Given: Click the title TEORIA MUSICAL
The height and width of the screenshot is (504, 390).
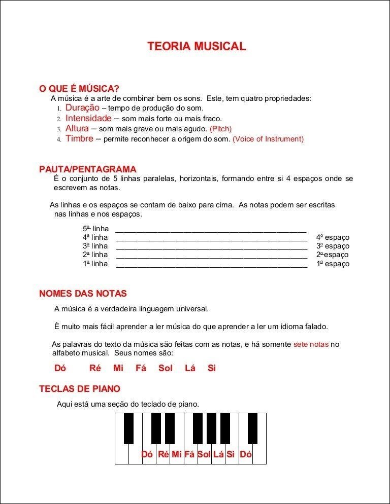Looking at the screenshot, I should pos(197,47).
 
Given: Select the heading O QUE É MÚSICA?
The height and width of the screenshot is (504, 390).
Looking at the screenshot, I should pos(79,89).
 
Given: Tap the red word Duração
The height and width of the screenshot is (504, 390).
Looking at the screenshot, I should pos(82,108).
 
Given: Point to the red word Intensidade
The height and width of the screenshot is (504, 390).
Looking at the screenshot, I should pos(88,118).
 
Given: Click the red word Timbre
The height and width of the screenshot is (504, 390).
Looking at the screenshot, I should pos(79,138).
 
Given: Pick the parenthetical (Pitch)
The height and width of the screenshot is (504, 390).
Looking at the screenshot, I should pos(220,129).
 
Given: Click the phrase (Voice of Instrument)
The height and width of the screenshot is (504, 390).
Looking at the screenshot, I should pos(268,139).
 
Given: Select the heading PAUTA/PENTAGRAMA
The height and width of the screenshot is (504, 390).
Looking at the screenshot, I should pos(88,169).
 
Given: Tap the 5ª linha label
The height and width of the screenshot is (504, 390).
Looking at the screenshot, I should pos(95,229).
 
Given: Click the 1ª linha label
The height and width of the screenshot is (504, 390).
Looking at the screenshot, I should pos(95,264).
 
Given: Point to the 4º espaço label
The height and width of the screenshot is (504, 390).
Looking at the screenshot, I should pos(333,237).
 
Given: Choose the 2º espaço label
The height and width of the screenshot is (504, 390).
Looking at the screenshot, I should pos(333,255).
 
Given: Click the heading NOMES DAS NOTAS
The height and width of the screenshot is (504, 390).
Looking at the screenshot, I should pos(83,294).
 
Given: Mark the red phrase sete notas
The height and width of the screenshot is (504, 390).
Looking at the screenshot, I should pos(311,344).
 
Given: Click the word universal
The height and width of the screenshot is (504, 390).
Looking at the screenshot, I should pos(193,309).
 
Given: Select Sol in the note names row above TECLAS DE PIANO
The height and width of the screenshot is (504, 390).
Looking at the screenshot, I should pos(166,368).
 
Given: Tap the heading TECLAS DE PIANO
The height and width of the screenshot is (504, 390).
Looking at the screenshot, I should pos(80,389).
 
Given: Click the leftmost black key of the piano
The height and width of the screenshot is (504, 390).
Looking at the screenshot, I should pos(129,428).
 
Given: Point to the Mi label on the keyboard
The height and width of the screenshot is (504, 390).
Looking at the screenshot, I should pos(176,454).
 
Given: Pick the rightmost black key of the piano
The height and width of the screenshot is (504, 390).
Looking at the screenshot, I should pos(252,428).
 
